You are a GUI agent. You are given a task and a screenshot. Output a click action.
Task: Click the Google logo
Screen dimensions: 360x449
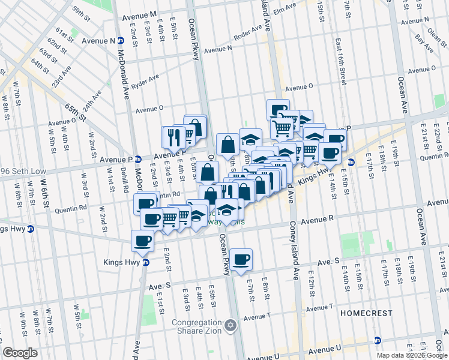(20, 353)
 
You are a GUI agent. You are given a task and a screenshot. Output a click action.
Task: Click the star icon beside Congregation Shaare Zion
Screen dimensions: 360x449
(231, 327)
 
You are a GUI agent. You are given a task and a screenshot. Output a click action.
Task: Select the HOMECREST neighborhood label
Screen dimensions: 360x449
(366, 313)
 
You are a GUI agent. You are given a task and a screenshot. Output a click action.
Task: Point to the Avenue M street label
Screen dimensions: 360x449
(140, 13)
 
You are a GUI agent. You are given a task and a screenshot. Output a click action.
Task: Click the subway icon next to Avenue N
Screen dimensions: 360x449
(120, 41)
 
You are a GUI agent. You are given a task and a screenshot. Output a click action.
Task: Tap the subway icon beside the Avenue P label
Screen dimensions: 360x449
(138, 159)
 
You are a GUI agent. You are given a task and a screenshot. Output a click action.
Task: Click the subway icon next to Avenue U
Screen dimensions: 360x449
(377, 340)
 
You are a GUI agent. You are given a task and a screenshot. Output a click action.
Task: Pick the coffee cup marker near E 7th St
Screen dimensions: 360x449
(241, 259)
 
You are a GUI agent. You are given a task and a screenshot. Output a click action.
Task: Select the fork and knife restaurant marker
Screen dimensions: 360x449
(172, 137)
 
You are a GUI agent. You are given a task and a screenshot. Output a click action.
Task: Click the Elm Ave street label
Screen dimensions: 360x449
(285, 9)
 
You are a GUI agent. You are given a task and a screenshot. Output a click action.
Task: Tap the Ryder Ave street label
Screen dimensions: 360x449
(145, 79)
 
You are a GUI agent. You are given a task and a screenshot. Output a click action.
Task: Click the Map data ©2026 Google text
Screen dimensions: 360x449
(411, 355)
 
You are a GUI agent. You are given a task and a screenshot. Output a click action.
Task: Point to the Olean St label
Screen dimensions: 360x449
(438, 26)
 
